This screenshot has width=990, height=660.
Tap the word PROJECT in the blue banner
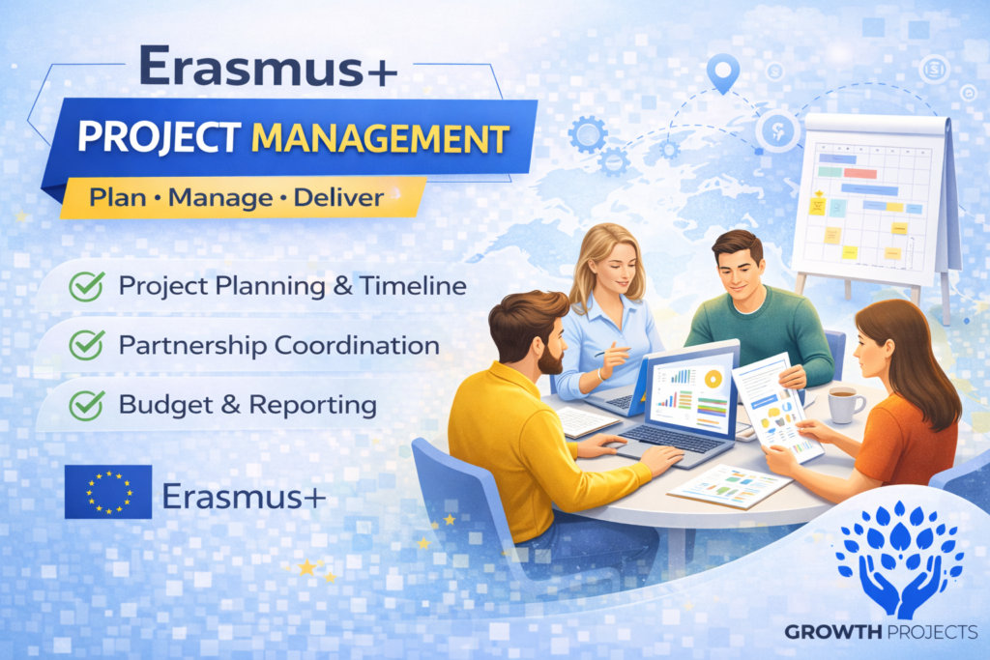pyautogui.click(x=159, y=137)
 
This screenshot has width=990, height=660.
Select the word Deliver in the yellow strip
pyautogui.click(x=338, y=198)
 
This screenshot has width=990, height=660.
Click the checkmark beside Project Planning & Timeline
pyautogui.click(x=86, y=286)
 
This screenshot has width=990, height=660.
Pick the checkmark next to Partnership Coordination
pyautogui.click(x=86, y=345)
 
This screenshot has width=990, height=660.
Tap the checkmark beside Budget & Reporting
pyautogui.click(x=86, y=405)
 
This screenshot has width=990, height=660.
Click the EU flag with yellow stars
pyautogui.click(x=108, y=492)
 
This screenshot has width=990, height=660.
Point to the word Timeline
pyautogui.click(x=413, y=286)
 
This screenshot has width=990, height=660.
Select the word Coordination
pyautogui.click(x=357, y=345)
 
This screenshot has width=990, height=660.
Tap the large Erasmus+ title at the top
pyautogui.click(x=269, y=67)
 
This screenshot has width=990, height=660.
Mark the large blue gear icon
pyautogui.click(x=588, y=134)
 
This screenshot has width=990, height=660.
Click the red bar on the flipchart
pyautogui.click(x=859, y=173)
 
